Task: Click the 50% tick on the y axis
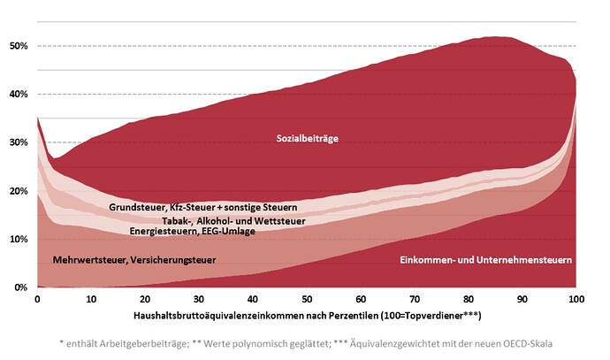[x=19, y=46]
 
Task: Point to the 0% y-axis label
[x=21, y=287]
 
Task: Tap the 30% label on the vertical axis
[x=19, y=142]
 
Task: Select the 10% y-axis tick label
[x=19, y=240]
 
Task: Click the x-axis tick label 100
[x=576, y=299]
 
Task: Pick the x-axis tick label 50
[x=307, y=299]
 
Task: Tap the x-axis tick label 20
[x=145, y=299]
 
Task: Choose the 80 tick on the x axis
[x=469, y=299]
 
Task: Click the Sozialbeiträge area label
[x=308, y=139]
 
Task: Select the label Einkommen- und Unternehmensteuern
[x=486, y=260]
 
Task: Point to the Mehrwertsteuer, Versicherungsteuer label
[x=134, y=260]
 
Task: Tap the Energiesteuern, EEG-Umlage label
[x=192, y=231]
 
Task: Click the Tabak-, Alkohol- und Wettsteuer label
[x=233, y=221]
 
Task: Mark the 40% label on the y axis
[x=19, y=94]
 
